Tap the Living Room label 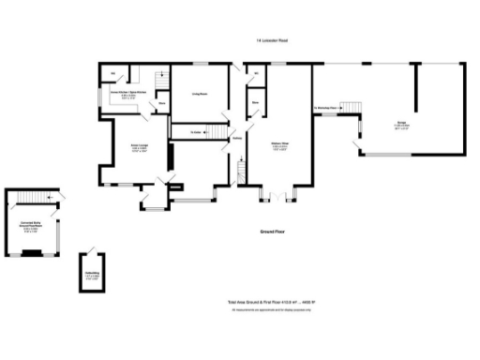tap(200, 94)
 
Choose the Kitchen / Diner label tap(279, 145)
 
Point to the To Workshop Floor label tap(325, 108)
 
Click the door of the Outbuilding tap(91, 255)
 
